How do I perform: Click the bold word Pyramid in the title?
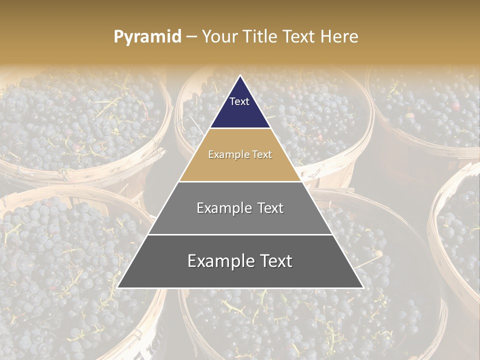147,37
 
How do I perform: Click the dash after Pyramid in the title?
191,37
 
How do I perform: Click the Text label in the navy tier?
239,101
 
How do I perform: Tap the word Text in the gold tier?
262,155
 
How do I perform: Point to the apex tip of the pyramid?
240,76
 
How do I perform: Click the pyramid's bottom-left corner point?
117,287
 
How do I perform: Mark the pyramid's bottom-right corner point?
363,287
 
